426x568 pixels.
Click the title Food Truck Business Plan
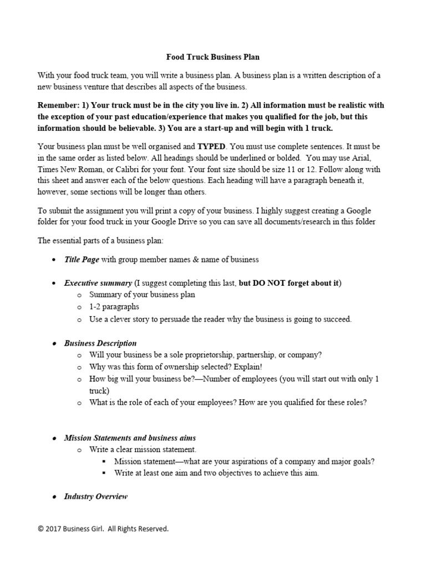click(x=213, y=57)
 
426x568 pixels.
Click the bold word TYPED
click(x=211, y=147)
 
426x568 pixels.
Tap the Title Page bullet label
click(x=82, y=259)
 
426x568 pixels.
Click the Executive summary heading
click(x=98, y=283)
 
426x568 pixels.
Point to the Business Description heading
click(x=100, y=343)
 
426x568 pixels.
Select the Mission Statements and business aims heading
click(x=130, y=438)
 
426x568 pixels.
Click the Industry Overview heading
click(x=96, y=496)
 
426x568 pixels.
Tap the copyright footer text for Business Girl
click(x=103, y=529)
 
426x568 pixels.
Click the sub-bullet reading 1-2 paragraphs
click(x=114, y=307)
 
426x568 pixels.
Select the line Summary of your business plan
click(x=142, y=295)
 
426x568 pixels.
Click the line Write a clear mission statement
click(x=143, y=449)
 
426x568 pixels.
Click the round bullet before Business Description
click(x=53, y=344)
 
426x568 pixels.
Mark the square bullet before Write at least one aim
click(x=104, y=473)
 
